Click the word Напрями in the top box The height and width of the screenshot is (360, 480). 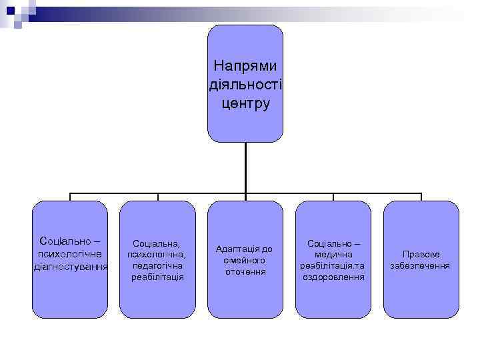(x=245, y=67)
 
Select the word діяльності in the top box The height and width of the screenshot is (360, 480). (x=245, y=85)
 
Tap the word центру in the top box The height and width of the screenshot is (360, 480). (x=245, y=104)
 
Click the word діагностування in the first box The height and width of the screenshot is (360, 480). (x=71, y=267)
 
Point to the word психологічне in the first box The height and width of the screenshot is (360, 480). (x=70, y=253)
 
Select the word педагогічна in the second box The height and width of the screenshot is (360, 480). (x=157, y=265)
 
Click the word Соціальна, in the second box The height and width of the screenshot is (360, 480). (x=157, y=244)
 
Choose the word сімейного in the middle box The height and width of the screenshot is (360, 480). (x=245, y=260)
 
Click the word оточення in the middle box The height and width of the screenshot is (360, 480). (x=245, y=271)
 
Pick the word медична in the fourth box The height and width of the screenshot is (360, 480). (x=333, y=255)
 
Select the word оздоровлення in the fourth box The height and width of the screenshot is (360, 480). (x=333, y=277)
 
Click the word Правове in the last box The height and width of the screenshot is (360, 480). (x=421, y=255)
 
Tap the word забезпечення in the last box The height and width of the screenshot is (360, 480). (x=421, y=265)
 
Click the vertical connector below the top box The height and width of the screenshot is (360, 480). (x=245, y=167)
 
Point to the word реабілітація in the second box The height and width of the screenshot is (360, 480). (x=157, y=276)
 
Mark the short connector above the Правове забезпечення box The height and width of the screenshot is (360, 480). (x=421, y=197)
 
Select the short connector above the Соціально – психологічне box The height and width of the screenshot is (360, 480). (x=70, y=197)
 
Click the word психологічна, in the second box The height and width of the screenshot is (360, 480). (x=157, y=255)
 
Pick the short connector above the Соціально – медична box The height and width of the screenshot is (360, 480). (x=333, y=197)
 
